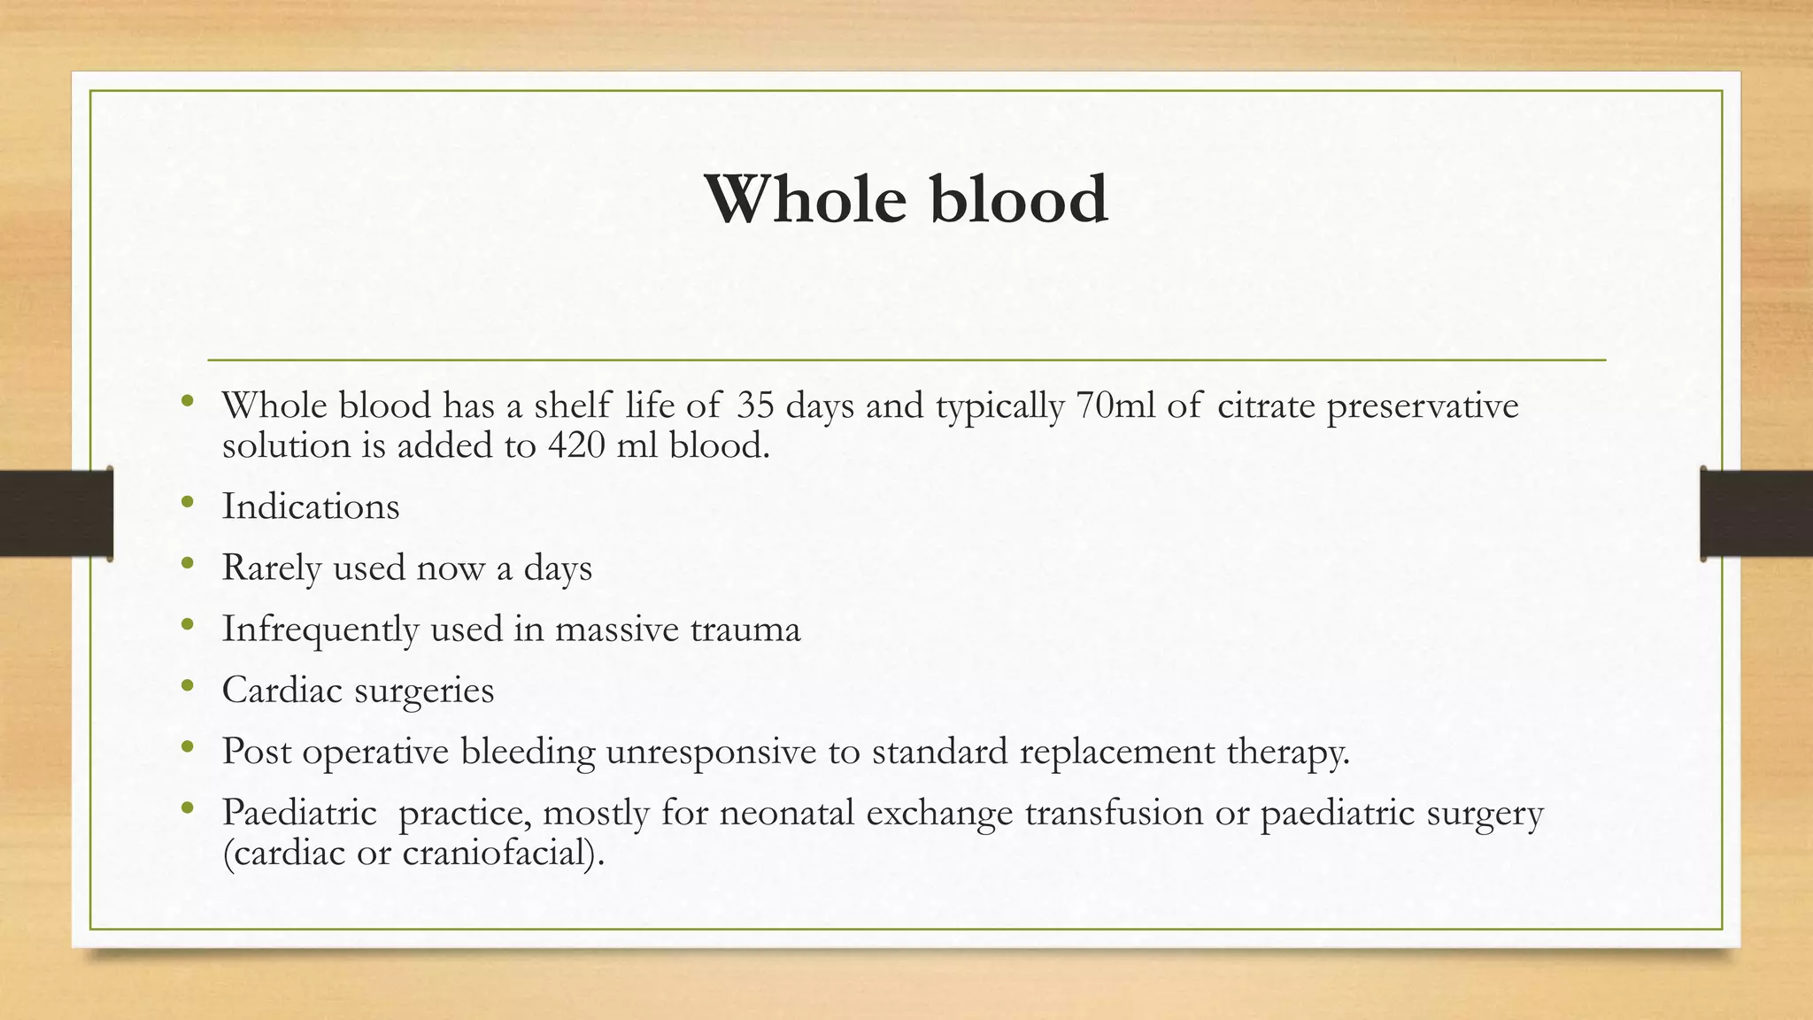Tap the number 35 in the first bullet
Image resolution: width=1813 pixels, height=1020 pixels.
755,406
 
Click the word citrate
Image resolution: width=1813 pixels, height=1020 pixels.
1265,406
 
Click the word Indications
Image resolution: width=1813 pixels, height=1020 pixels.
311,506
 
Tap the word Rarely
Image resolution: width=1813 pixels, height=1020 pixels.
271,568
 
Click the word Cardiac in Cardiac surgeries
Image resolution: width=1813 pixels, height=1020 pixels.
282,690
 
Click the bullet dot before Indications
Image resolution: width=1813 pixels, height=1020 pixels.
186,503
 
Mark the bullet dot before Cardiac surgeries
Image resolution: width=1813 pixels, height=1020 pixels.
186,686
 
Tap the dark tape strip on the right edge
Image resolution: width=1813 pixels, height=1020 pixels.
1756,513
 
